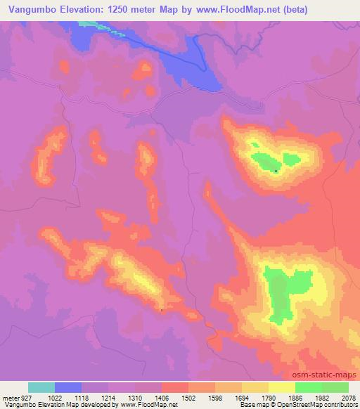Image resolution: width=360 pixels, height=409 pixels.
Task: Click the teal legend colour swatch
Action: click(x=41, y=387)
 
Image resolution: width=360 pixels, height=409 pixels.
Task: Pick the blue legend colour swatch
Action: click(x=68, y=387)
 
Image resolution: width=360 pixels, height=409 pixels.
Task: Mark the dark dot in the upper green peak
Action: click(x=276, y=171)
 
